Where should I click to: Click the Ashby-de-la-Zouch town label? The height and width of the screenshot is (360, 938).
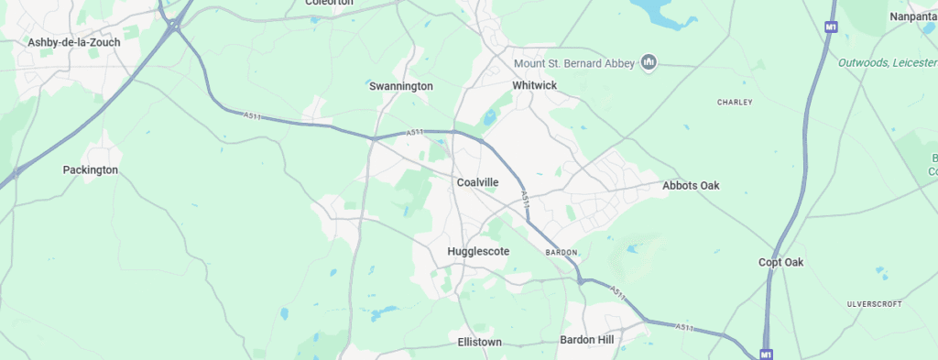click(x=74, y=42)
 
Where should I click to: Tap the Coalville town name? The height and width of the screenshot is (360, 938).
click(x=477, y=182)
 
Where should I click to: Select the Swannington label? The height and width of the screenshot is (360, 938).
click(x=400, y=86)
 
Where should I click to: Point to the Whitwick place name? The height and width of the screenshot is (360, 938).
click(x=535, y=85)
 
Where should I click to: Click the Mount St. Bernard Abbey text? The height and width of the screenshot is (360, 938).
click(x=574, y=62)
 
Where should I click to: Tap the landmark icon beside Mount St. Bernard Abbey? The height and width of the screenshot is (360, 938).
click(x=649, y=62)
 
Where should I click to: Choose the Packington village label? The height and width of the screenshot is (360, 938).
click(x=91, y=170)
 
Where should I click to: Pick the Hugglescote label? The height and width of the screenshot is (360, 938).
click(x=478, y=251)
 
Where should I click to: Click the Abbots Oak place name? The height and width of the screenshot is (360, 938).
click(x=691, y=186)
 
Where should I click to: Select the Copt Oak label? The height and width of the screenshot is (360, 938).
click(x=780, y=263)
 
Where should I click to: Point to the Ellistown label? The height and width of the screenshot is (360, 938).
click(x=479, y=342)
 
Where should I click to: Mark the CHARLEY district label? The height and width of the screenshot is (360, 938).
click(x=735, y=102)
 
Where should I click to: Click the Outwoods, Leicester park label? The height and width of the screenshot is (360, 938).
click(x=887, y=62)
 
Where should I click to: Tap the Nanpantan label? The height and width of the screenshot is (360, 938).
click(x=912, y=16)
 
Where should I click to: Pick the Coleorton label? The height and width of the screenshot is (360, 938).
click(x=329, y=3)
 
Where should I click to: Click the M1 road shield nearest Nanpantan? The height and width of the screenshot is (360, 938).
click(x=831, y=27)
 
